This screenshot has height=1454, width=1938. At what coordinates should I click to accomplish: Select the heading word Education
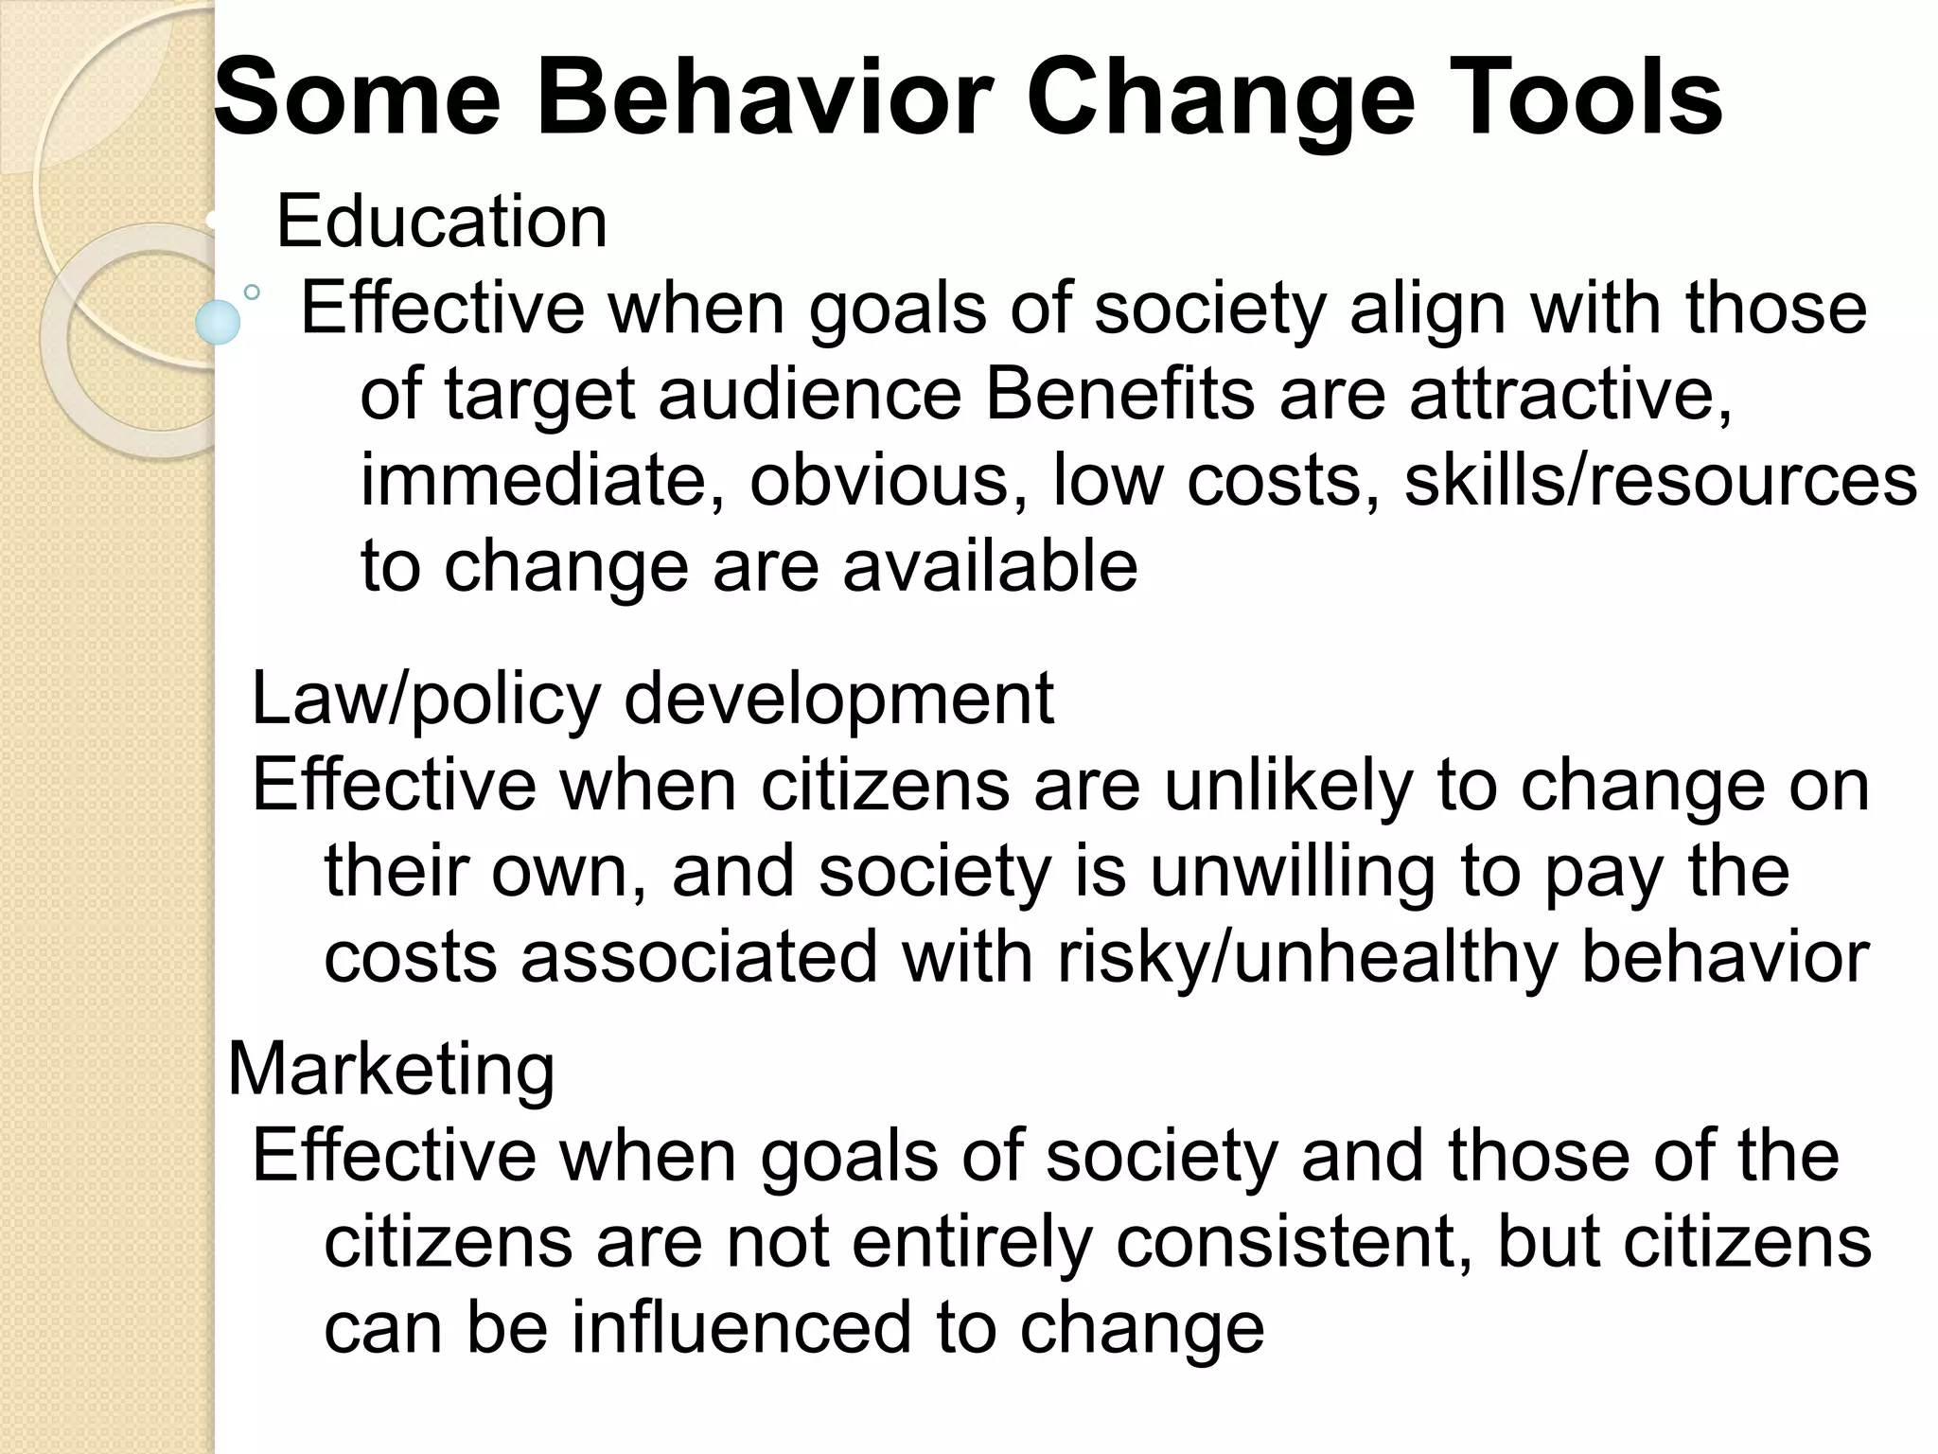pyautogui.click(x=441, y=222)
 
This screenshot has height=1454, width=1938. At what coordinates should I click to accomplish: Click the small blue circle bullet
pyautogui.click(x=218, y=322)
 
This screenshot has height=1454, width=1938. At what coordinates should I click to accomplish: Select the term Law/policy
pyautogui.click(x=426, y=700)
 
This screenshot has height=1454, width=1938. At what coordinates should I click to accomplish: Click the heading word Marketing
pyautogui.click(x=391, y=1069)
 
